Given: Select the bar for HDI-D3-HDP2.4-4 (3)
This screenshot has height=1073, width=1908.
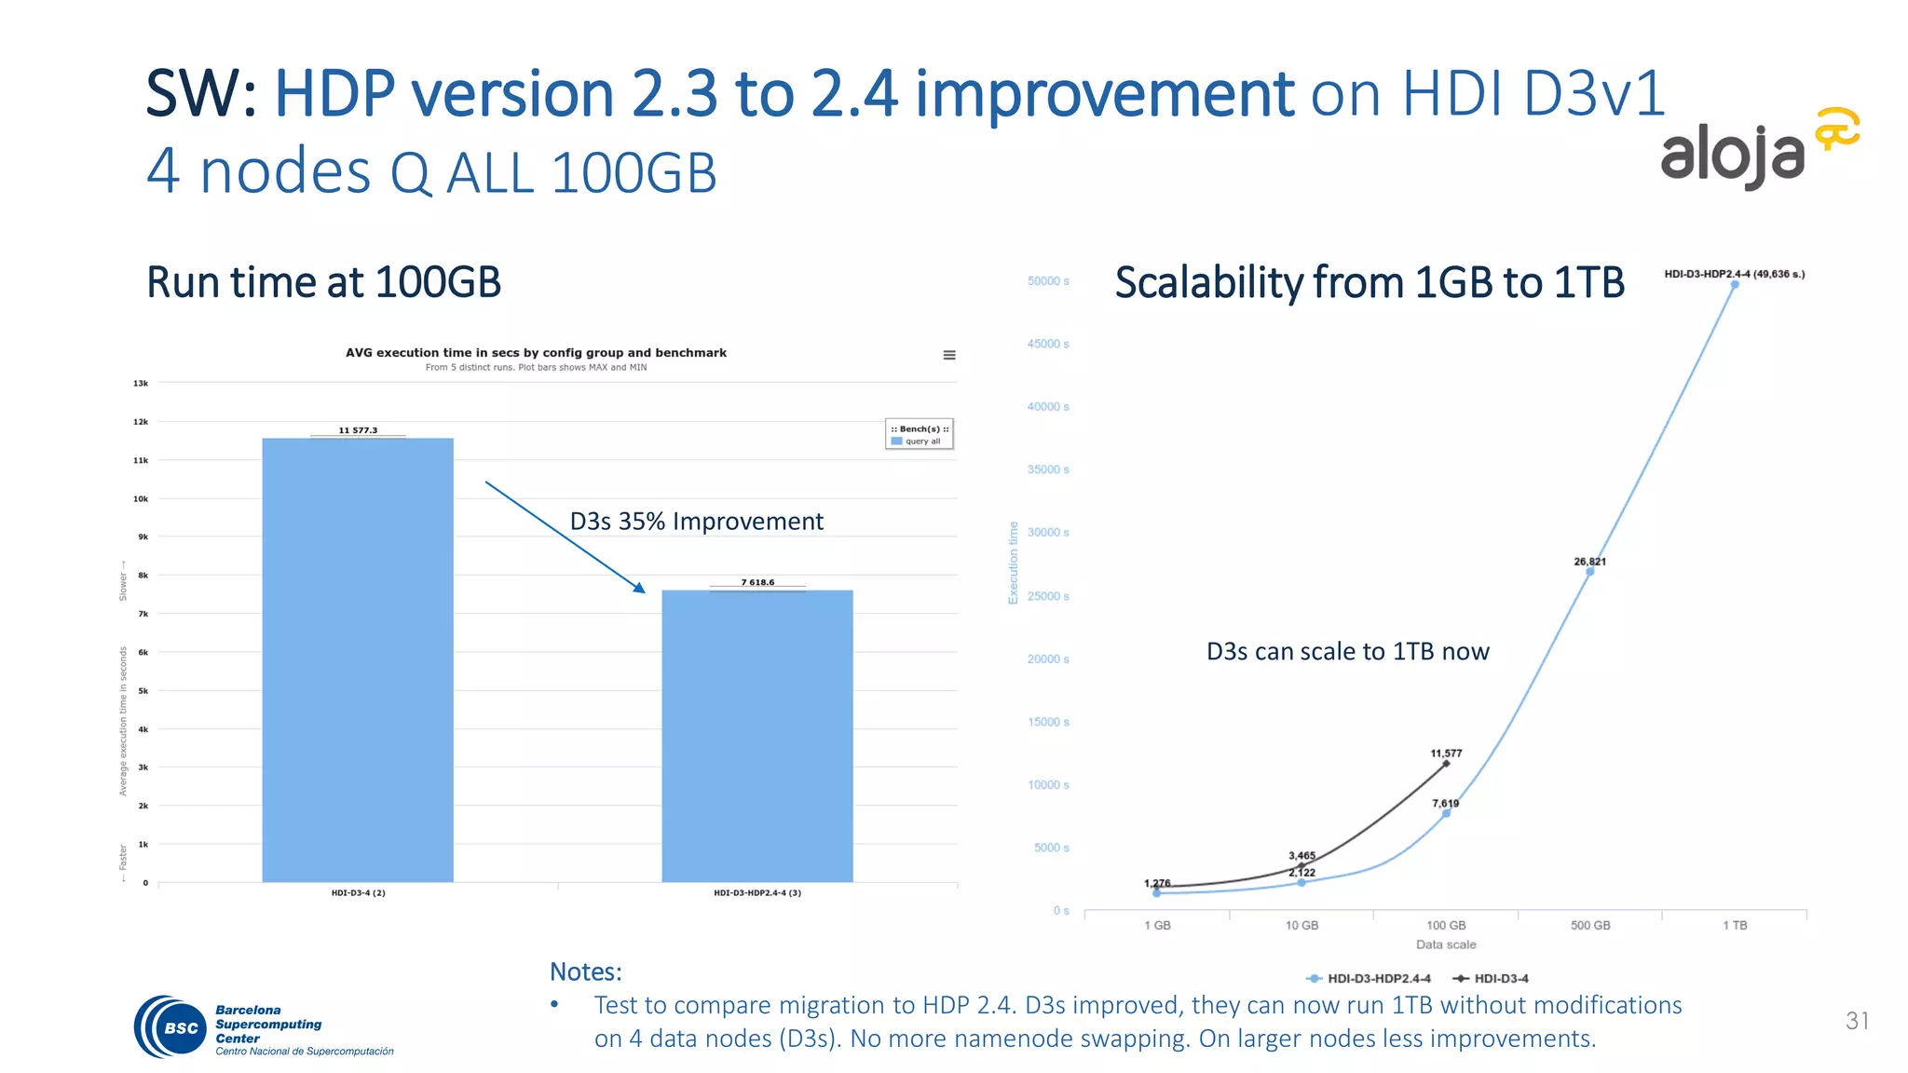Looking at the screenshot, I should pos(757,736).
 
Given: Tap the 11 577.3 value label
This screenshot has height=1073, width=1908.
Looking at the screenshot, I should pos(358,430).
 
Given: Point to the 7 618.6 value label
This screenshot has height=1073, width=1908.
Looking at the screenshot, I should pos(757,582).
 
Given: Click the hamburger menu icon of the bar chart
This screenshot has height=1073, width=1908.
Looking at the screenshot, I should pos(949,355).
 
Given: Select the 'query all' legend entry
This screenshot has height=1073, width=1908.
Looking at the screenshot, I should pos(918,441).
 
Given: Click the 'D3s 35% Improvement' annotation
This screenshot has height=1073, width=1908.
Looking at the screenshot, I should pos(696,522).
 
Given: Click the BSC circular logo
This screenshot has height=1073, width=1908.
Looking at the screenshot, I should pos(172,1027).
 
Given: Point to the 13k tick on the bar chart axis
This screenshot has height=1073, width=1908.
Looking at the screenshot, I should pos(141,383).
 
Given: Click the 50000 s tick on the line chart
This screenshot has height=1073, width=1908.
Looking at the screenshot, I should pos(1047,281).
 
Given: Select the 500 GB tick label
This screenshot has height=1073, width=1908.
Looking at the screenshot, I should pos(1589,925).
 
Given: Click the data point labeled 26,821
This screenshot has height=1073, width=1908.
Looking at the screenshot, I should pos(1589,571).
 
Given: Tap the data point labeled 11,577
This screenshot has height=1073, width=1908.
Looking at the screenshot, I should pos(1446,764).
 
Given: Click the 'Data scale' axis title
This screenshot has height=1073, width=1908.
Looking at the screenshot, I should pos(1446,944).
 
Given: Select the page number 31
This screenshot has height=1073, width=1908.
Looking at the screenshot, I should pos(1856,1021).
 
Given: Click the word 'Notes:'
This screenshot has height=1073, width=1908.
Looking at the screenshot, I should pos(585,971).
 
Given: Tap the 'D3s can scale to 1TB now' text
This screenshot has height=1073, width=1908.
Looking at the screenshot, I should pos(1347,651).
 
